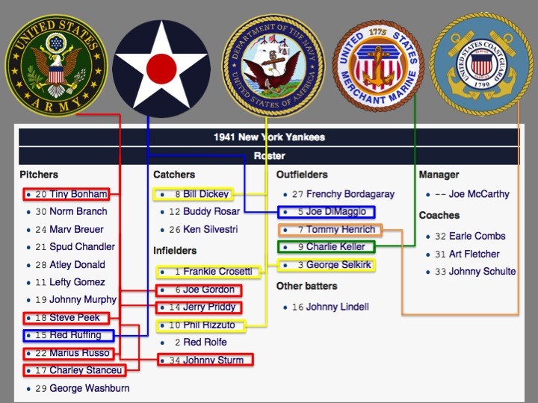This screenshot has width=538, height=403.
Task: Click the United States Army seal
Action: coord(56,65)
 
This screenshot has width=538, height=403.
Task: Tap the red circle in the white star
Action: coord(161,69)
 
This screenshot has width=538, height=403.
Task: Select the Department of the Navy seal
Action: coord(273,65)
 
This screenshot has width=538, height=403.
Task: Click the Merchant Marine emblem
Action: coord(378,66)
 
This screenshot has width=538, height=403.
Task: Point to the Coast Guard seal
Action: coord(481,64)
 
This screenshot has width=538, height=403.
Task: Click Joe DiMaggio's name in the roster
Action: coord(336,212)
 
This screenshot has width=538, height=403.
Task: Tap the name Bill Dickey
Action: coord(206,194)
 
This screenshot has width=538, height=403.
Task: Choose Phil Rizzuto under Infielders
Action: coord(209,325)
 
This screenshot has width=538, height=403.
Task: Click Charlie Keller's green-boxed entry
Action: coord(327,247)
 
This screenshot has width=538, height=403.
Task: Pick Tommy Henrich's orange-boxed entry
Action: coord(330,230)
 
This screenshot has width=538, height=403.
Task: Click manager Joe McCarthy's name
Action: coord(479,194)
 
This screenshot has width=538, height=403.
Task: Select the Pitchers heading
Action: coord(39,175)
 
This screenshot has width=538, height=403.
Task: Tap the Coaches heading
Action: coord(439,215)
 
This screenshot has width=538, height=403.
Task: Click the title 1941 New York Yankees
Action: coord(269,137)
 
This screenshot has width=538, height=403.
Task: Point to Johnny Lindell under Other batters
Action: coord(338,307)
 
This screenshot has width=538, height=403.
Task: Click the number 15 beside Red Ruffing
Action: coord(41,335)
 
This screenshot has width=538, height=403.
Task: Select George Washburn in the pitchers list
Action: coord(90,388)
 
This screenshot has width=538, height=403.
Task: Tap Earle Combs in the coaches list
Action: coord(477,236)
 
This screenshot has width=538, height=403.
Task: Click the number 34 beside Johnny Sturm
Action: coord(175,360)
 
